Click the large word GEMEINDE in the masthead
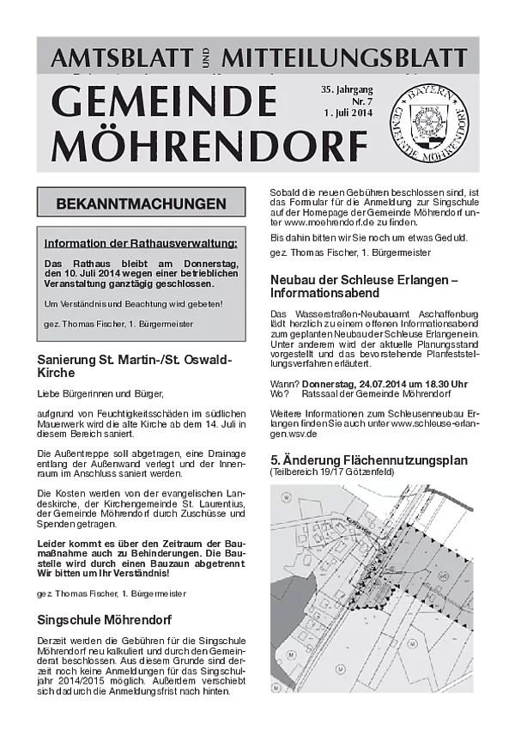coord(164,104)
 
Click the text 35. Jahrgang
coord(347,89)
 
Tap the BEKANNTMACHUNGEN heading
coord(141,204)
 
